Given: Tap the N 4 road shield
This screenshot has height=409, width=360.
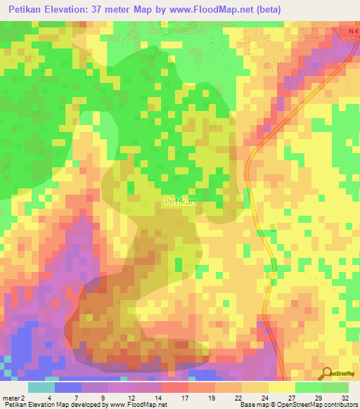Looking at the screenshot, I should click(352, 33).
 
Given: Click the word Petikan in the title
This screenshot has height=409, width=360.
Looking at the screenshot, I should click(33, 10).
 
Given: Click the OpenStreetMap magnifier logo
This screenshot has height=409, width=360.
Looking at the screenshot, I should click(328, 374).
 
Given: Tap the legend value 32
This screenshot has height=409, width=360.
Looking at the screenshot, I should click(345, 396).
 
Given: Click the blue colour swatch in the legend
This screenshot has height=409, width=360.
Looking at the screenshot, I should click(68, 387).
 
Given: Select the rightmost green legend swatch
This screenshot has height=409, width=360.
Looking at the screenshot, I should click(335, 387).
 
